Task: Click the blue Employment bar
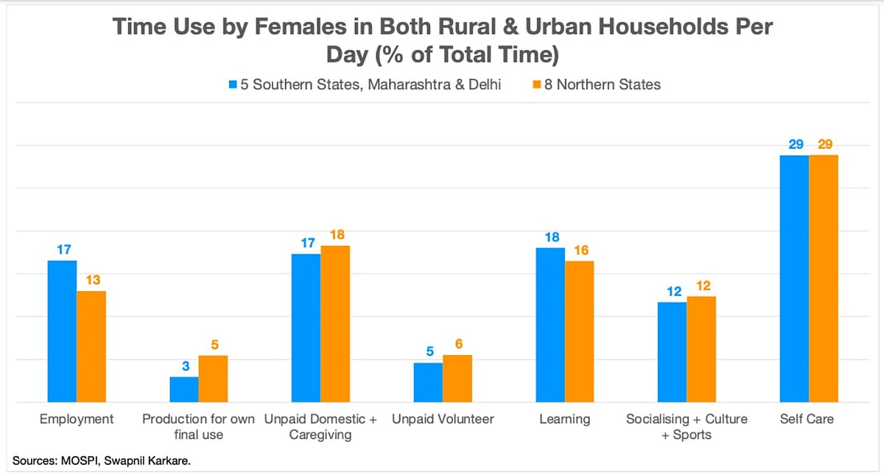tap(62, 332)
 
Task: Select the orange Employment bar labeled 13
tap(91, 346)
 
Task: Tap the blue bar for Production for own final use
tap(184, 390)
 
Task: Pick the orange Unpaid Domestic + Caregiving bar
tap(335, 324)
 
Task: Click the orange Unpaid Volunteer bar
tap(457, 379)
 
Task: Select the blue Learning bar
tap(550, 325)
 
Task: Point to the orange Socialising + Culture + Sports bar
tap(701, 349)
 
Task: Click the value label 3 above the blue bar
tap(186, 365)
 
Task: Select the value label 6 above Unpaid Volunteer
tap(459, 344)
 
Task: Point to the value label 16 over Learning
tap(581, 251)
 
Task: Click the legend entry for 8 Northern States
tap(600, 85)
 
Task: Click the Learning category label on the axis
tap(564, 419)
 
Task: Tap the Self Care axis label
tap(807, 419)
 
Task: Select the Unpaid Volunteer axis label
tap(443, 419)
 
